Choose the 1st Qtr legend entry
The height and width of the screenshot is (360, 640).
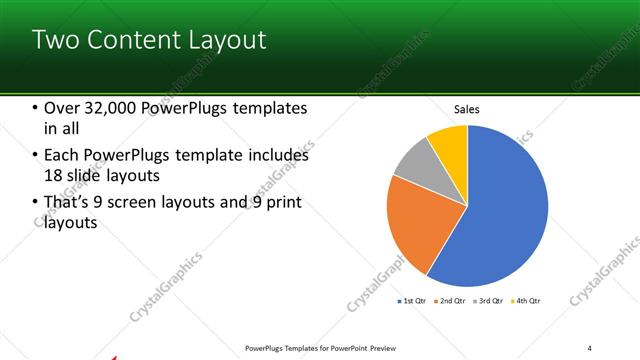pos(414,300)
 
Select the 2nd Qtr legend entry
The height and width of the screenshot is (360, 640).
pos(452,300)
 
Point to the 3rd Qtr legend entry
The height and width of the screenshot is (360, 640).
pos(490,300)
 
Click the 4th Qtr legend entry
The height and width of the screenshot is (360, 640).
pos(527,300)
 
